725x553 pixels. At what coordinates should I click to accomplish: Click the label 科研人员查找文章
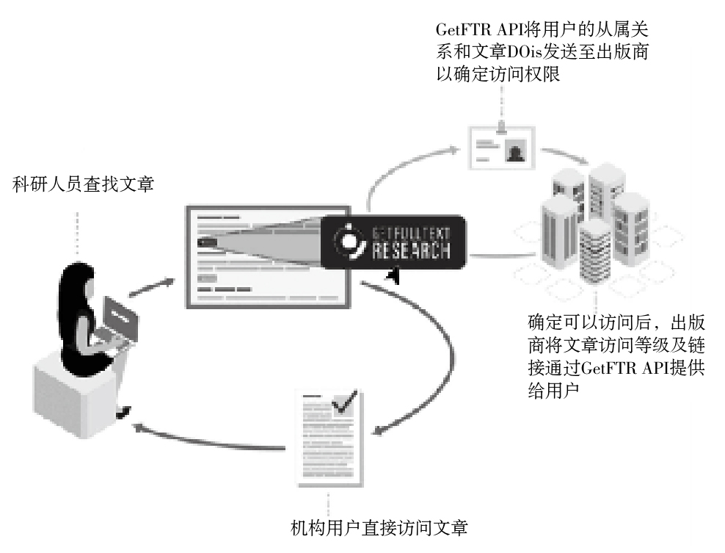pyautogui.click(x=83, y=184)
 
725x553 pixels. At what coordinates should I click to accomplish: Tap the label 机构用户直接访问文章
pyautogui.click(x=379, y=527)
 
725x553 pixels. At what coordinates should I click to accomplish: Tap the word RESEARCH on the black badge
pyautogui.click(x=411, y=250)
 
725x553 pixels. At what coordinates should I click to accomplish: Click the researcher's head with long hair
pyautogui.click(x=79, y=283)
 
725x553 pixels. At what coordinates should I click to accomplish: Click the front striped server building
pyautogui.click(x=594, y=254)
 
